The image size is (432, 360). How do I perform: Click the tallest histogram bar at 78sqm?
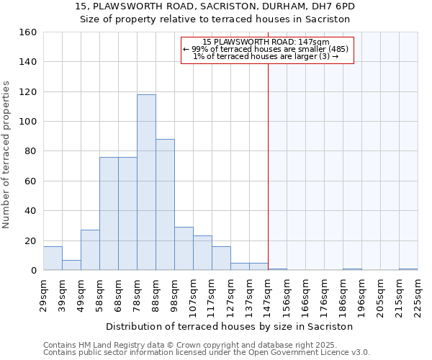click(x=146, y=182)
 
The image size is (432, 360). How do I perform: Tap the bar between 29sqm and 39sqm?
click(x=53, y=258)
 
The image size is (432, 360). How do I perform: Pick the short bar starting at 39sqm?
click(x=71, y=265)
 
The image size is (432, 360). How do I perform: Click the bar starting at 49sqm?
click(x=90, y=250)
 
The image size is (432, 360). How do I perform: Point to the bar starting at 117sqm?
click(x=221, y=258)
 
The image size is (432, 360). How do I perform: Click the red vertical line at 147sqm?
click(x=268, y=166)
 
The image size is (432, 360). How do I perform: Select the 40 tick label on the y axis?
click(x=30, y=211)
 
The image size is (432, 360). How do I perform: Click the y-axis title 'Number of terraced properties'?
click(x=7, y=155)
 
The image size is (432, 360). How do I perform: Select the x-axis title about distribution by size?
click(x=234, y=326)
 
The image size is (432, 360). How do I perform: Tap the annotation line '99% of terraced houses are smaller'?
click(x=266, y=49)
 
